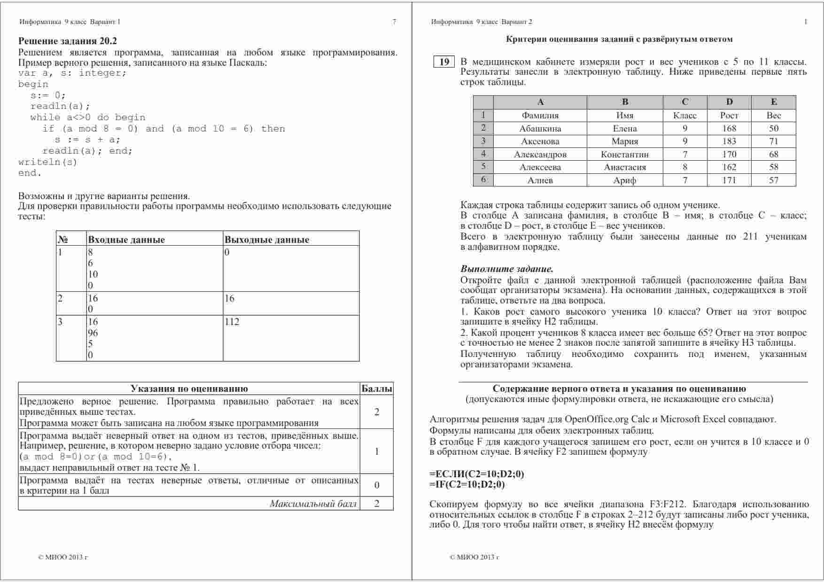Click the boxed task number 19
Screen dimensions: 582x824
444,62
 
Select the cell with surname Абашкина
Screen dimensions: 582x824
540,128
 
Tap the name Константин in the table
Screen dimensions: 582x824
624,154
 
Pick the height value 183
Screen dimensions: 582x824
729,141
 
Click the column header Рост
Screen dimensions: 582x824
729,116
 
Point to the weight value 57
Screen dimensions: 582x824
773,180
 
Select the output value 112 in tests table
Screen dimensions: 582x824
232,322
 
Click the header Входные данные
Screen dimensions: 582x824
126,240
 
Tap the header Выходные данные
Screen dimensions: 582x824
266,240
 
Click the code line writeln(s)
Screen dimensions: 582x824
47,162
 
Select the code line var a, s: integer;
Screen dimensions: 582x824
72,73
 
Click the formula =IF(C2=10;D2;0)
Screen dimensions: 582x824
467,484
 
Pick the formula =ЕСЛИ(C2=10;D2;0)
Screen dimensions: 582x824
476,474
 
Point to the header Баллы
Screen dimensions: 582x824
377,389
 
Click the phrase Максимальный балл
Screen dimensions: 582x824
313,504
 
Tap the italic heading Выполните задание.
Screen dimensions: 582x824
506,269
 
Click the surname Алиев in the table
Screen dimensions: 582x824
540,180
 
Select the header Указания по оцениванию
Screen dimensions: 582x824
189,389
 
